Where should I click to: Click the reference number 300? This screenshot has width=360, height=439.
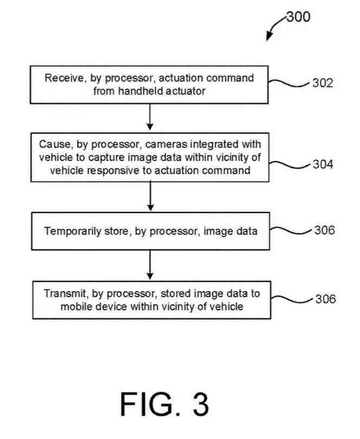coord(299,17)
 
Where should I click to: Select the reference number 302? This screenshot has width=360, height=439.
coord(323,83)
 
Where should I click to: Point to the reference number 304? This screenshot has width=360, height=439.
coord(323,164)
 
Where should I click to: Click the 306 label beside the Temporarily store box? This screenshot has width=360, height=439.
coord(325,230)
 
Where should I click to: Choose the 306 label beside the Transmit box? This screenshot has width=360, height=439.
coord(326,299)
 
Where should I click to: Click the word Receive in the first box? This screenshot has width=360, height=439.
coord(64,78)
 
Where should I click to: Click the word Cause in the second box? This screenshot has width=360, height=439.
coord(55,144)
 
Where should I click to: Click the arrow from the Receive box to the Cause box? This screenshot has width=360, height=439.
coord(150,117)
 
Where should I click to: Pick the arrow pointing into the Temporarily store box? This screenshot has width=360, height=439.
coord(150,196)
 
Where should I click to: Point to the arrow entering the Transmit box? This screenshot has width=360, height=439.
coord(150,265)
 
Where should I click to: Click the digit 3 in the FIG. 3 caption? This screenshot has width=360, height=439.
coord(200,404)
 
